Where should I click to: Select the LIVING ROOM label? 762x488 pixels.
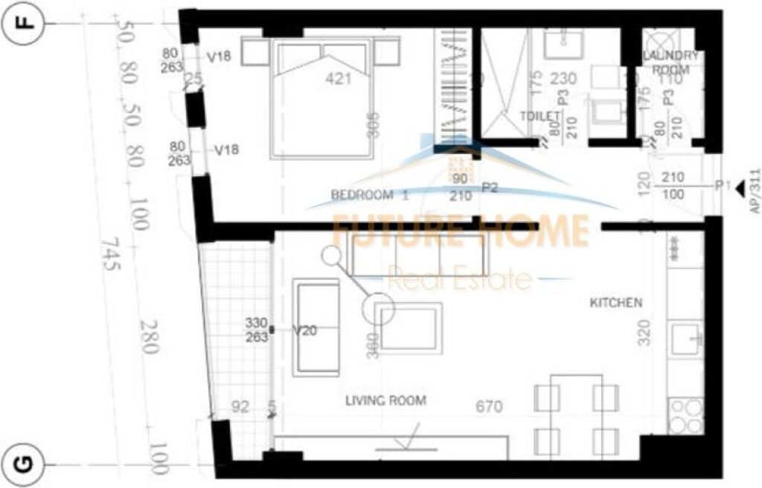[385, 401]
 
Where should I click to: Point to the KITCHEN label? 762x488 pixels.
[615, 303]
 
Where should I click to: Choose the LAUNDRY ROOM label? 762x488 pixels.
[671, 62]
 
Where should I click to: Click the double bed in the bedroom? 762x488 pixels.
[322, 98]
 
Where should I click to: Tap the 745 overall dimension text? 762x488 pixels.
[110, 255]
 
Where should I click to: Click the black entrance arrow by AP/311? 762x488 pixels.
[739, 190]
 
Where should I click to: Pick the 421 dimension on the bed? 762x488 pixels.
[339, 79]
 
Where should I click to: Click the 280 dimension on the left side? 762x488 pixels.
[148, 337]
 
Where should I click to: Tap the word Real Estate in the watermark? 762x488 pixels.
[461, 280]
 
